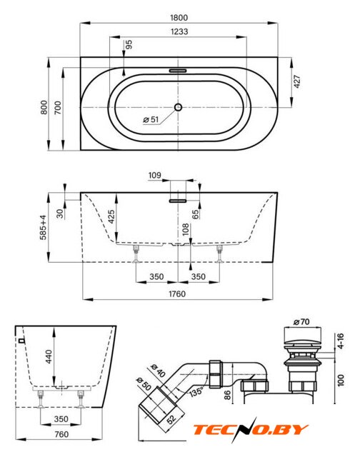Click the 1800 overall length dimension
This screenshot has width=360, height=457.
pyautogui.click(x=179, y=17)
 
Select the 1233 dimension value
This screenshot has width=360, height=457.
pyautogui.click(x=179, y=31)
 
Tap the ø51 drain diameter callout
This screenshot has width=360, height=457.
pyautogui.click(x=151, y=119)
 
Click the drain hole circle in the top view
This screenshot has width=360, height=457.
pyautogui.click(x=178, y=107)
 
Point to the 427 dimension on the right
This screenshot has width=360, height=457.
pyautogui.click(x=297, y=81)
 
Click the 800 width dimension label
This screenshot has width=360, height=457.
pyautogui.click(x=44, y=107)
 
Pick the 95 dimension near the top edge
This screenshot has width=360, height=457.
pyautogui.click(x=129, y=44)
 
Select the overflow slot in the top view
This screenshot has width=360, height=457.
pyautogui.click(x=178, y=71)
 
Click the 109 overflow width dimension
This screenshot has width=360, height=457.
pyautogui.click(x=154, y=175)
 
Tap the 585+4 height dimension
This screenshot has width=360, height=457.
pyautogui.click(x=43, y=227)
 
